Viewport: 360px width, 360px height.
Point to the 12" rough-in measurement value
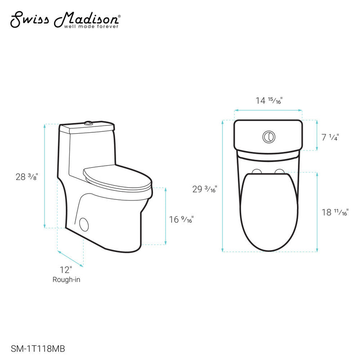click(66, 270)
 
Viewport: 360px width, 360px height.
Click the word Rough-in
click(66, 279)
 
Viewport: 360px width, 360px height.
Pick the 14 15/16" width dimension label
click(269, 101)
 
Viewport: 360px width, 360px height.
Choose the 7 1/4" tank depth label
click(330, 137)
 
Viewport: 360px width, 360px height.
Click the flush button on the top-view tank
click(268, 136)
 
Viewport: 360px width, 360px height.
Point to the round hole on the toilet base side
click(84, 224)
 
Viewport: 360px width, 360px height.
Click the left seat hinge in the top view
click(257, 171)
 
